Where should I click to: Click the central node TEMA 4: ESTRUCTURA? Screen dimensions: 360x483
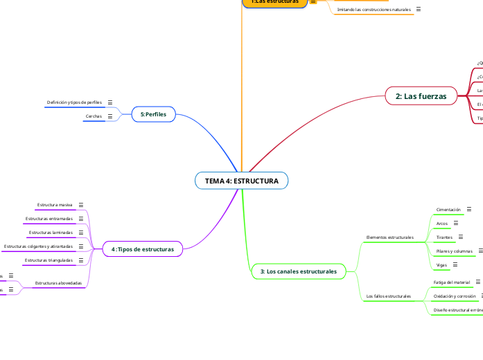click(x=241, y=181)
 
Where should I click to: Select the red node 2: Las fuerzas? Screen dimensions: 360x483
click(x=421, y=96)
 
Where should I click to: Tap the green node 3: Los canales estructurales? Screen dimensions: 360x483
click(x=298, y=271)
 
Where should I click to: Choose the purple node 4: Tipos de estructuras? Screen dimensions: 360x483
click(x=143, y=249)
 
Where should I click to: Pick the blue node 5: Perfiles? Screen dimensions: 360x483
click(x=154, y=114)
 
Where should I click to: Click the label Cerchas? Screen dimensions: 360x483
click(x=94, y=116)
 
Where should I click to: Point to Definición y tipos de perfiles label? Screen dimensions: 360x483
click(x=74, y=102)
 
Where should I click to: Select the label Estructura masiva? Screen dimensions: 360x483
click(x=55, y=205)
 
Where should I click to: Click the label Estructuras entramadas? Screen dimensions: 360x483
click(x=49, y=219)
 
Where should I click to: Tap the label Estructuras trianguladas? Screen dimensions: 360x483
click(x=49, y=260)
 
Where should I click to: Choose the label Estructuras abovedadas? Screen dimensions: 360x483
click(x=58, y=283)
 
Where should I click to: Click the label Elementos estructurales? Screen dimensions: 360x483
click(x=389, y=237)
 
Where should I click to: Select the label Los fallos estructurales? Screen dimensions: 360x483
click(x=388, y=296)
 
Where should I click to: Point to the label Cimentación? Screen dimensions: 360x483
click(x=448, y=209)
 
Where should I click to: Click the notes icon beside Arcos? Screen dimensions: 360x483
click(x=455, y=224)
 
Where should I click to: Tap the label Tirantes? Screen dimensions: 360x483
click(x=445, y=237)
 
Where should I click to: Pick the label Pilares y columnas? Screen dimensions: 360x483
click(x=454, y=251)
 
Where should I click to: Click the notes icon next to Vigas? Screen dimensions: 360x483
click(x=455, y=265)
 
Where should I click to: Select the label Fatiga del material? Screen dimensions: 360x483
click(x=452, y=282)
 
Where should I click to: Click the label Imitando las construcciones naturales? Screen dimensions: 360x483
click(x=374, y=10)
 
